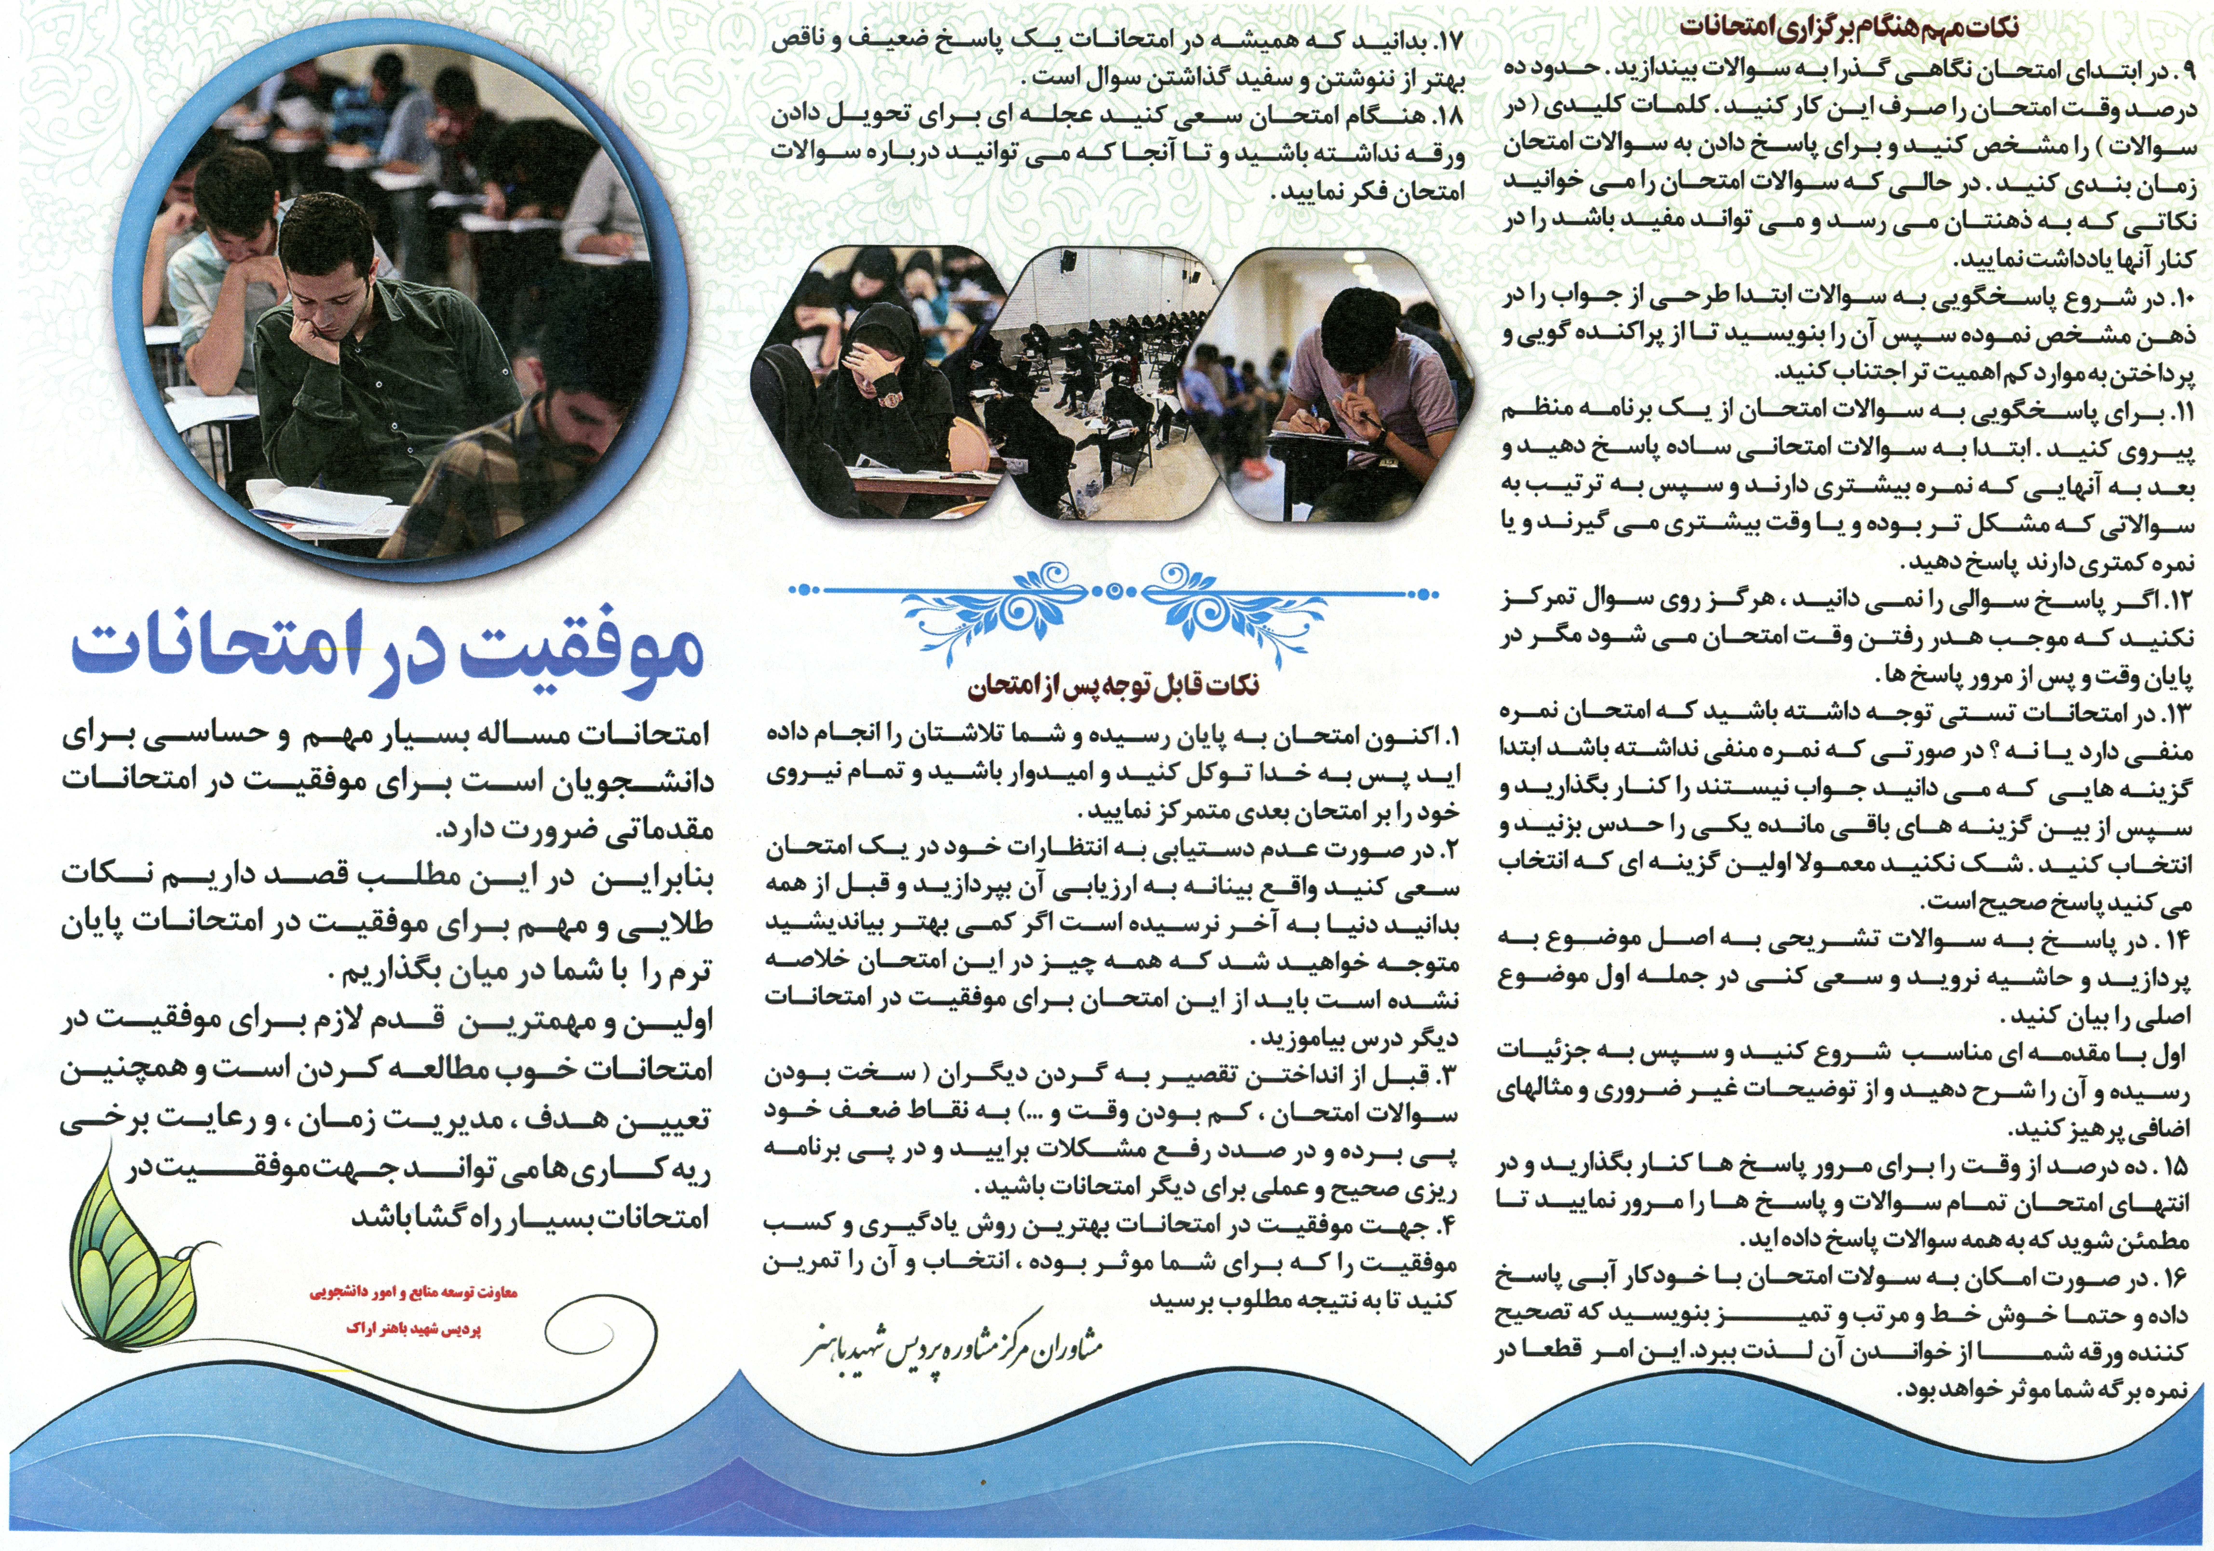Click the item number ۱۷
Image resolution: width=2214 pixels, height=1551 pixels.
click(1449, 41)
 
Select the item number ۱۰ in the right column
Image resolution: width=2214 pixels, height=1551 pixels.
click(2177, 299)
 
